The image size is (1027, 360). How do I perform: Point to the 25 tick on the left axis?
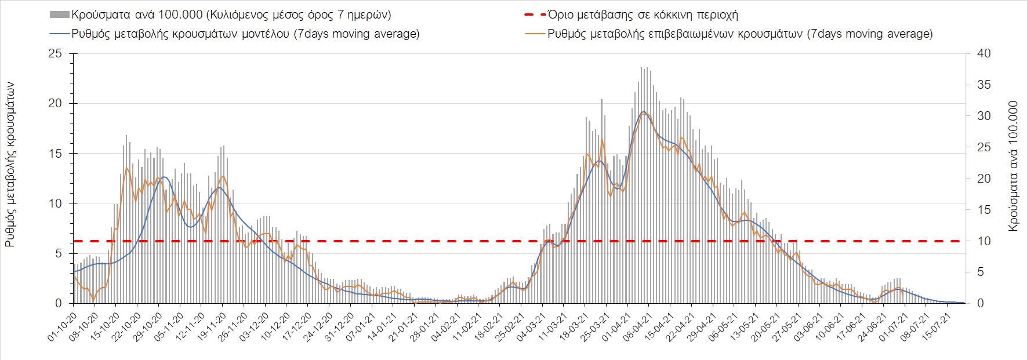55,53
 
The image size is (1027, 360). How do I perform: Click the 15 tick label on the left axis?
55,154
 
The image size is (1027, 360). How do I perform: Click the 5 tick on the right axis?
981,272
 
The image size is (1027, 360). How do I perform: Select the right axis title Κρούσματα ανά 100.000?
1013,167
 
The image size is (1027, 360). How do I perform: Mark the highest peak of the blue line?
644,111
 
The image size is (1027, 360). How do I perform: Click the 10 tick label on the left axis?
55,203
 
